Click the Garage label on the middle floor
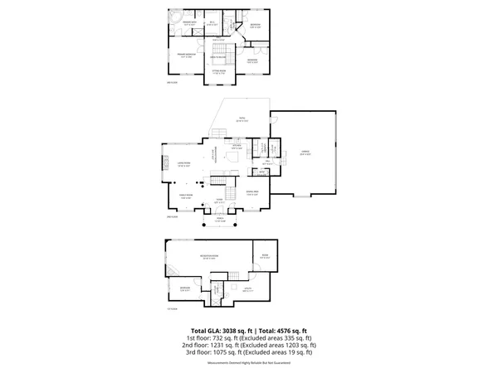pyautogui.click(x=305, y=153)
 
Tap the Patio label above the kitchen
pyautogui.click(x=242, y=119)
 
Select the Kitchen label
pyautogui.click(x=237, y=148)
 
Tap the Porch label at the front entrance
pyautogui.click(x=222, y=220)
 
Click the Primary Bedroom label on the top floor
pyautogui.click(x=184, y=55)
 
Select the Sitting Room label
pyautogui.click(x=219, y=73)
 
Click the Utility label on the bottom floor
pyautogui.click(x=247, y=289)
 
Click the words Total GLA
pyautogui.click(x=207, y=329)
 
